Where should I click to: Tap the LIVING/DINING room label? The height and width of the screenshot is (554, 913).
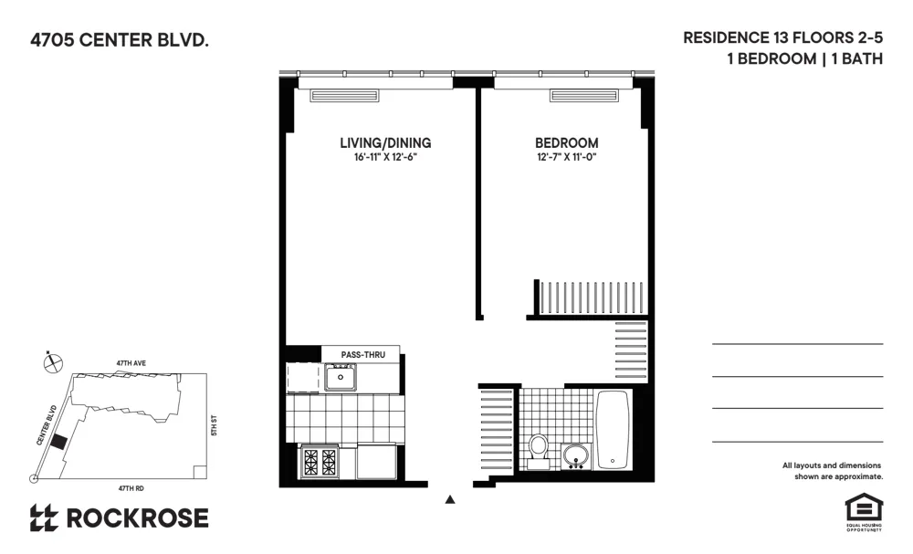coord(385,143)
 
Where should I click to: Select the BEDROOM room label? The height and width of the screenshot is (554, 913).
coord(566,143)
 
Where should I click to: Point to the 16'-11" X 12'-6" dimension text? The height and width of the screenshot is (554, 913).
coord(385,158)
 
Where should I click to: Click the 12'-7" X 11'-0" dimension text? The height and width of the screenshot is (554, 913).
coord(566,158)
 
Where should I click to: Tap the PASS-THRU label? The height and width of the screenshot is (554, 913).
coord(361,355)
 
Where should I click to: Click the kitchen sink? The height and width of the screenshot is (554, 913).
coord(341,376)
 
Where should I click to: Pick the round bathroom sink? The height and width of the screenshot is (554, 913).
coord(576,454)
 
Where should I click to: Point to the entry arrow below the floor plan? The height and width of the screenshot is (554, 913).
coord(449,499)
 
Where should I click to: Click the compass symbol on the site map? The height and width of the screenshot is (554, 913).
coord(54,362)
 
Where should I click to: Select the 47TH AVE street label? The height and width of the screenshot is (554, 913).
coord(131,363)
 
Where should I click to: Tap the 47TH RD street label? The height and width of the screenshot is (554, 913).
coord(133,487)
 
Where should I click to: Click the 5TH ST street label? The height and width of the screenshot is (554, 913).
coord(213,425)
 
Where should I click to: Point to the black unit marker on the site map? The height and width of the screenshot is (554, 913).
coord(58,442)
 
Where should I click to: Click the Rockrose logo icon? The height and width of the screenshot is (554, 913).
coord(44,518)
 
